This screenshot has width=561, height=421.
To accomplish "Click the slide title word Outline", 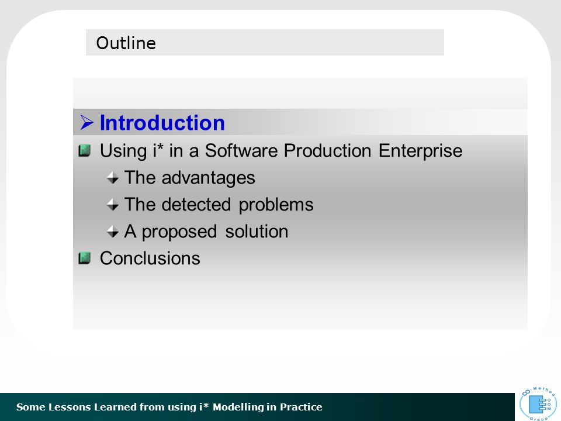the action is (126, 43).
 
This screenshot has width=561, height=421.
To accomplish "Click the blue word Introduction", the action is (162, 123).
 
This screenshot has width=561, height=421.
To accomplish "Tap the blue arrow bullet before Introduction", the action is (86, 122).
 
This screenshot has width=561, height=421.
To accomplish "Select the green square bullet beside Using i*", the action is (84, 150).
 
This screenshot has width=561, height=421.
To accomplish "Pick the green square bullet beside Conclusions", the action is (84, 258).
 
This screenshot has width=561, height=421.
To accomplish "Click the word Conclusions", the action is (150, 258).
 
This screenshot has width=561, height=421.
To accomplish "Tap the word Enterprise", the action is (420, 151).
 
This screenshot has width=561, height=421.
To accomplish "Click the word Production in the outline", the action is (327, 150).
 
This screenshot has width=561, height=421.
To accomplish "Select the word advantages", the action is (208, 178).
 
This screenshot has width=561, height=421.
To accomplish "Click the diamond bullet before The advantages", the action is (113, 178).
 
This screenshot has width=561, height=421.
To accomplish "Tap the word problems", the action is (276, 205).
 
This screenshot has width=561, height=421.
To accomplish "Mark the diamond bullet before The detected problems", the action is (113, 205).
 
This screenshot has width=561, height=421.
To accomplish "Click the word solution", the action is (257, 232).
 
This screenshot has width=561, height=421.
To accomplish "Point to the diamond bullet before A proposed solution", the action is (113, 232).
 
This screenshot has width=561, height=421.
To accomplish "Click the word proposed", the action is (179, 232).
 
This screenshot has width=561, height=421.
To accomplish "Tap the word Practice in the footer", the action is (301, 407).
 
